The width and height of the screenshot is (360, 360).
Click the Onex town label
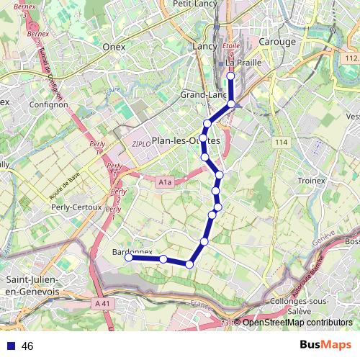pyautogui.click(x=114, y=47)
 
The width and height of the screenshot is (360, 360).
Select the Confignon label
pyautogui.click(x=49, y=104)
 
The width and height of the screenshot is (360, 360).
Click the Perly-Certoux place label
pyautogui.click(x=75, y=207)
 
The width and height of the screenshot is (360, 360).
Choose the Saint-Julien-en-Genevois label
pyautogui.click(x=32, y=285)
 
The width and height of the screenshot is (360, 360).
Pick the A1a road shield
pyautogui.click(x=165, y=183)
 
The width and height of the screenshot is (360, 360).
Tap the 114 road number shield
pyautogui.click(x=280, y=143)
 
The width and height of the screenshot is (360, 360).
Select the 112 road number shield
pyautogui.click(x=351, y=58)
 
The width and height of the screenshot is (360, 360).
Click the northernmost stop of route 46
pyautogui.click(x=230, y=76)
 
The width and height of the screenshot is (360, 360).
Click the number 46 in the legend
pyautogui.click(x=28, y=346)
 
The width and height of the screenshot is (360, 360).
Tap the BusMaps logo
pyautogui.click(x=320, y=346)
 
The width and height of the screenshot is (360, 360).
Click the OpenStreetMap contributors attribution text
pyautogui.click(x=297, y=323)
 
